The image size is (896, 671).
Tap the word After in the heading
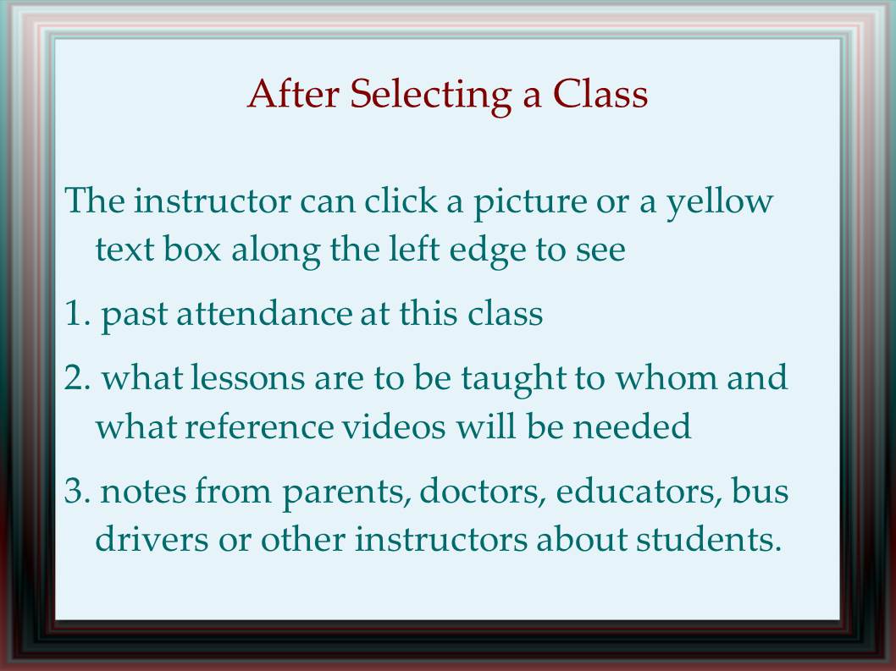294,93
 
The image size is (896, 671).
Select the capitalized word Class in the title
600,93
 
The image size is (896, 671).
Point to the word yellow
720,203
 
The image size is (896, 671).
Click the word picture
530,203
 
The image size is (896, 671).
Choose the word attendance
264,313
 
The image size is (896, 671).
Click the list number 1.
78,314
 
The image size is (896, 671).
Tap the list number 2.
78,378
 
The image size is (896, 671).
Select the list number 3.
78,491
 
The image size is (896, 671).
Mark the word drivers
152,538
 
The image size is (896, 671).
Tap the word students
709,538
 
